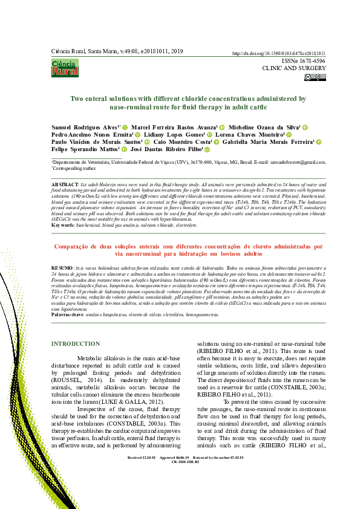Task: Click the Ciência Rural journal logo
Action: [x=65, y=68]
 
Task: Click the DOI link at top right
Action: [x=279, y=54]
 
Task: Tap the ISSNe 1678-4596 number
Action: [x=303, y=61]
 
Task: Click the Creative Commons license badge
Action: [x=315, y=77]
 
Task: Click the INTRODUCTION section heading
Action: [x=76, y=344]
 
